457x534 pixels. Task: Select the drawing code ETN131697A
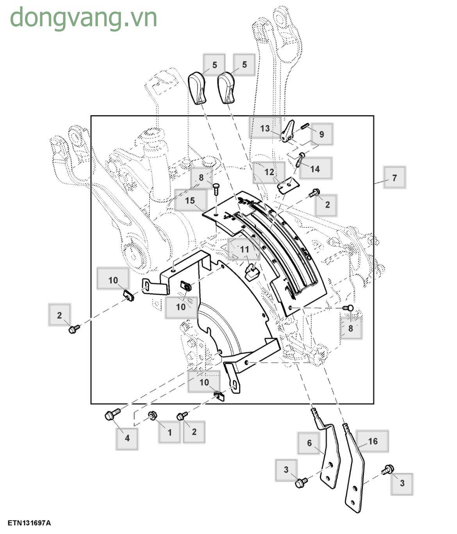(29, 523)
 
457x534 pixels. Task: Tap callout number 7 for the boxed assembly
(394, 178)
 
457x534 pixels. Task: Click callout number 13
(265, 128)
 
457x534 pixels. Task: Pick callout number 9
(321, 134)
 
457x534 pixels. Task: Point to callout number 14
(315, 168)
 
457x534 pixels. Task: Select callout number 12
(269, 172)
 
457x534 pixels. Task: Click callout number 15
(190, 201)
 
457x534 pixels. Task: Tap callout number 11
(244, 249)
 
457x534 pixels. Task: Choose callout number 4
(127, 438)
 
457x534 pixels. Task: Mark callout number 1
(170, 432)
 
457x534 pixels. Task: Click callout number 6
(309, 443)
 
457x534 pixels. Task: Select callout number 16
(373, 441)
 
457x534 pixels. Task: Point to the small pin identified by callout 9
(305, 126)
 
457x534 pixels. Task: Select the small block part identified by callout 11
(252, 271)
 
